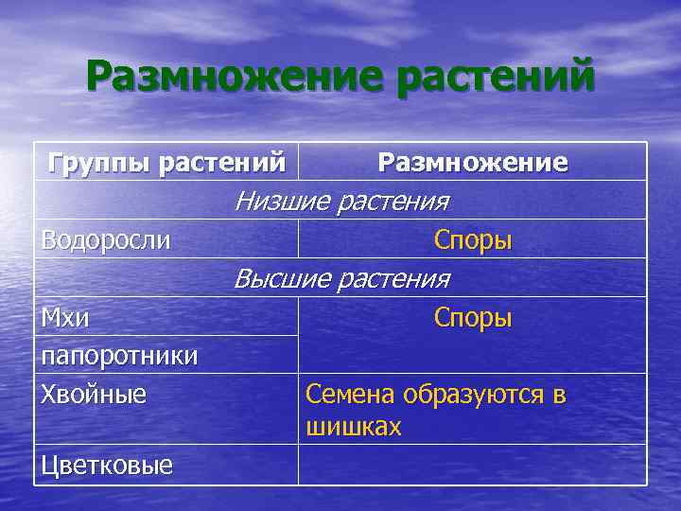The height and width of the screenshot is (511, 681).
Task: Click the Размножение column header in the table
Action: click(x=473, y=163)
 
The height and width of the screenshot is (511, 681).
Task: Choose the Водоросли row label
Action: click(x=106, y=240)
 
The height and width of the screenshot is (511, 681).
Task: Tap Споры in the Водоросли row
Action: click(x=473, y=240)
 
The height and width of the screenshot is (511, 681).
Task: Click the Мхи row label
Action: click(x=65, y=318)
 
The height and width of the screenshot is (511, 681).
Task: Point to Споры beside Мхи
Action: click(x=473, y=318)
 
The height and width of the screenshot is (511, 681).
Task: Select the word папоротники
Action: click(x=119, y=356)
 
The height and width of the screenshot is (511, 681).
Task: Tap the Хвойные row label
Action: click(x=94, y=394)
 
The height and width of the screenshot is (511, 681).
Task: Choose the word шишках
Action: click(x=354, y=428)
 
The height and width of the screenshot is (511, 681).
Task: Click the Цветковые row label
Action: click(x=106, y=466)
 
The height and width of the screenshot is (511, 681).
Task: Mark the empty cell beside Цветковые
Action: click(x=473, y=465)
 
